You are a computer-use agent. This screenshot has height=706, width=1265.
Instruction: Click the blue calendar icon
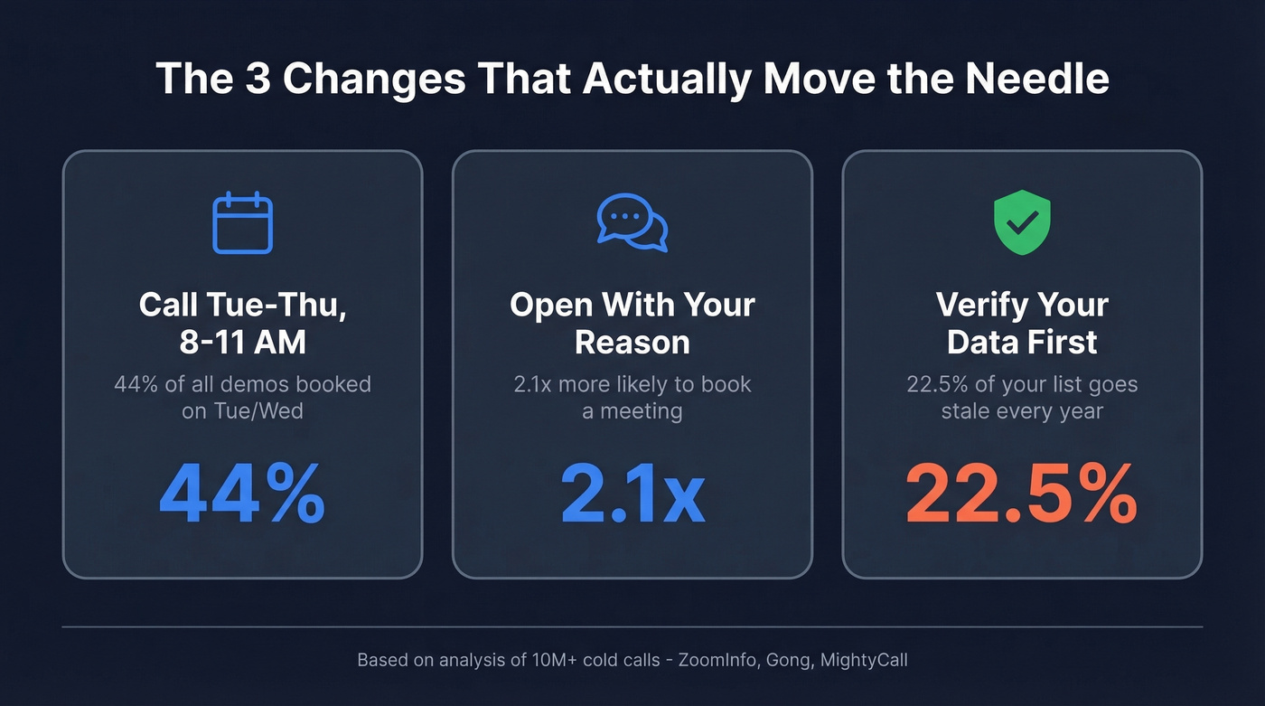(242, 222)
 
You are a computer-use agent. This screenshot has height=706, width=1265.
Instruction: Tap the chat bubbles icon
(632, 221)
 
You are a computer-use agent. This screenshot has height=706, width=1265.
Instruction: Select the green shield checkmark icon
(1022, 222)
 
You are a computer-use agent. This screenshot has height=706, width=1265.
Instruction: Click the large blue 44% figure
(242, 495)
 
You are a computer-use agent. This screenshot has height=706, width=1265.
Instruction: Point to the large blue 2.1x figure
(632, 495)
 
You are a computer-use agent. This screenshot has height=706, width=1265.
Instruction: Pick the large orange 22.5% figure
(1021, 495)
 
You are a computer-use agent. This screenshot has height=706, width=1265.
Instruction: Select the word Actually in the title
(666, 80)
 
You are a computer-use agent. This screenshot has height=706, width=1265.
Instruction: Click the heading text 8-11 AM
(242, 343)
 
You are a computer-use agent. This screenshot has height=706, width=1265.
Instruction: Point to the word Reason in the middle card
(632, 343)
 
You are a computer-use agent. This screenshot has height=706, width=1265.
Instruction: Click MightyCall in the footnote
(864, 660)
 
